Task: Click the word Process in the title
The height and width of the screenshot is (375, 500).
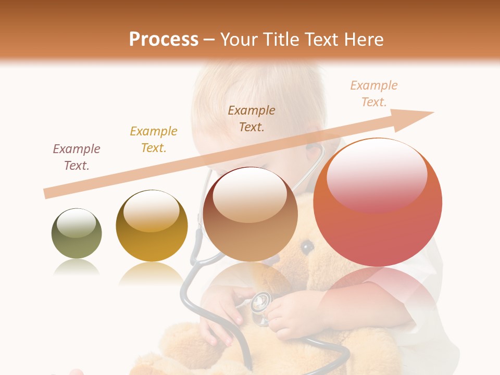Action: click(x=164, y=40)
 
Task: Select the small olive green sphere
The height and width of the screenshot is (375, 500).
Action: click(x=77, y=234)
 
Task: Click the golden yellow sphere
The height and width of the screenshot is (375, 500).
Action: click(x=152, y=226)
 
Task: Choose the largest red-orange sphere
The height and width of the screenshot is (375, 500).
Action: click(x=378, y=203)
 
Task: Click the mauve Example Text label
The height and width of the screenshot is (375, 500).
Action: click(x=77, y=157)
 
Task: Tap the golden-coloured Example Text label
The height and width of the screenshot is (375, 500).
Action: click(x=154, y=140)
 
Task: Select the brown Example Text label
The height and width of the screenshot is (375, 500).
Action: click(x=252, y=119)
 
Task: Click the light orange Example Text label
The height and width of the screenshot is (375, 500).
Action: click(x=373, y=94)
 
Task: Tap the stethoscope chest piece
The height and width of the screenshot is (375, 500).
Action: click(x=260, y=302)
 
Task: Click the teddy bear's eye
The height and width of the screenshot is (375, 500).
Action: click(x=308, y=246)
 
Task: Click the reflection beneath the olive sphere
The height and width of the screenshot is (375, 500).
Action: click(x=77, y=268)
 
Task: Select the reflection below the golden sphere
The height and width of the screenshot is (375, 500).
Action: click(x=152, y=274)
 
